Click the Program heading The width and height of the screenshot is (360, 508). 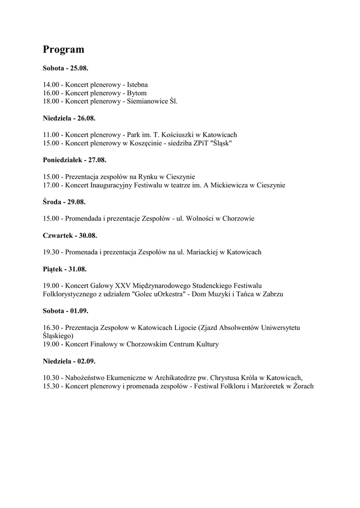(64, 50)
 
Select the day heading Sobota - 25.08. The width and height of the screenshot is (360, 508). (66, 67)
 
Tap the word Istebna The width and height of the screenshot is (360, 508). (138, 84)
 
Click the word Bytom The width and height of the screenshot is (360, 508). (137, 93)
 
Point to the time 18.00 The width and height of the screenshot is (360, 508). (51, 101)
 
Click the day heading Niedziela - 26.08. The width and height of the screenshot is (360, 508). (69, 118)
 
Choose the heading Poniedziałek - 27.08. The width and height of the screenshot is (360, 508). (74, 160)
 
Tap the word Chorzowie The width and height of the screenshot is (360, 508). (238, 219)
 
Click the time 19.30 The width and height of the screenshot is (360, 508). (51, 253)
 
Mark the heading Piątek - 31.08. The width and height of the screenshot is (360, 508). (65, 269)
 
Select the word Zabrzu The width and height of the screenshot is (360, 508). (272, 294)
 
